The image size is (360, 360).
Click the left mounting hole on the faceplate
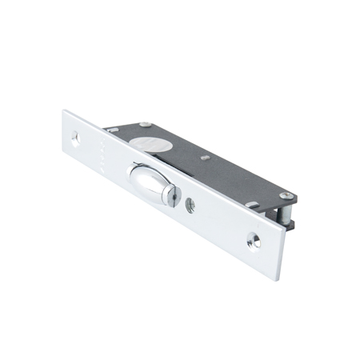tap(76, 138)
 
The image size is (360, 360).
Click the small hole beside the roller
tap(190, 204)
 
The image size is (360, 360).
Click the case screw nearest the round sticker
tap(144, 124)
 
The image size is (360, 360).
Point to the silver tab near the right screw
tap(254, 206)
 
